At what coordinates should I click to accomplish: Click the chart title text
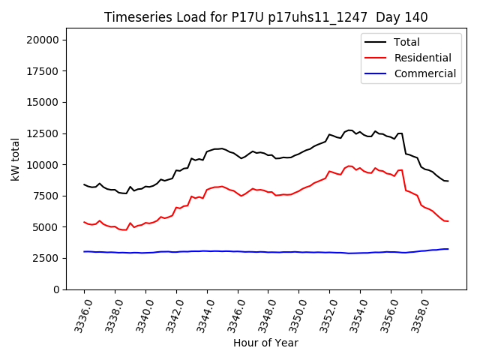271,17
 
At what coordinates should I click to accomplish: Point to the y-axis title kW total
16,160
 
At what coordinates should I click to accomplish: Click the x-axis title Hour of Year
265,343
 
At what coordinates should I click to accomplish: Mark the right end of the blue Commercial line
448,249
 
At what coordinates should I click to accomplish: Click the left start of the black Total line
84,184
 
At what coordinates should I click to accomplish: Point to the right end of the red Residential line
448,221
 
